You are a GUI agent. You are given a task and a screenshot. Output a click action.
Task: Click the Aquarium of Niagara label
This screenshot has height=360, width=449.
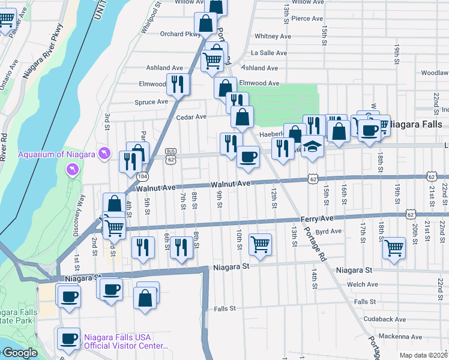click(56, 154)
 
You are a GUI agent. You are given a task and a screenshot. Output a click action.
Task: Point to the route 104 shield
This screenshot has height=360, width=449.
click(142, 176)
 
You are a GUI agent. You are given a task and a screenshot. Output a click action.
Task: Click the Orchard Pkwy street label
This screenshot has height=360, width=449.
click(180, 34)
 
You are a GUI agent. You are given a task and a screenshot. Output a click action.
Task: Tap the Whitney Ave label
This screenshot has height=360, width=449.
click(273, 36)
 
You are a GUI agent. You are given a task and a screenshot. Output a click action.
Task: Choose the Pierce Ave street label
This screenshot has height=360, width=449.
click(307, 19)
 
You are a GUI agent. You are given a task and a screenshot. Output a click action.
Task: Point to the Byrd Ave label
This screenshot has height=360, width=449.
click(328, 231)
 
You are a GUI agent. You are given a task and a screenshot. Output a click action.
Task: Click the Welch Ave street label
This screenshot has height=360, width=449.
click(366, 284)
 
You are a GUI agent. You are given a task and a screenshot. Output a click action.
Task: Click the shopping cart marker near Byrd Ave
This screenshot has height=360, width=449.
click(259, 244)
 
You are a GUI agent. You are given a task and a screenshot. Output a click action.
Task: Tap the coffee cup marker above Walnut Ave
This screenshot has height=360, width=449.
click(248, 158)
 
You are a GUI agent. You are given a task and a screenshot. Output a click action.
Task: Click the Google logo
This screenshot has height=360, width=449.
click(19, 353)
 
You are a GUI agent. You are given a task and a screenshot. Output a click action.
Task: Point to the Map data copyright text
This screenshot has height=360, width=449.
click(423, 355)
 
